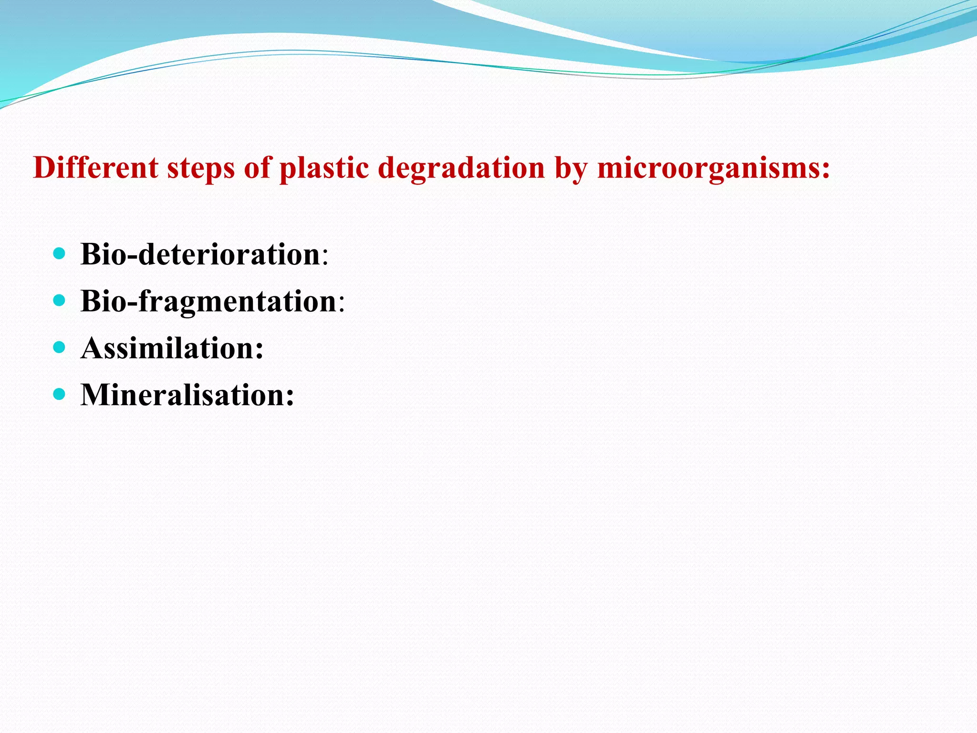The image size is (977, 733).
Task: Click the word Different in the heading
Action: pos(95,168)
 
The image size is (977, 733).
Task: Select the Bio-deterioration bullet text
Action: pos(200,254)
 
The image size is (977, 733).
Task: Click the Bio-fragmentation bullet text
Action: pos(208,302)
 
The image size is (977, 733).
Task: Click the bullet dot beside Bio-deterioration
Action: pos(59,253)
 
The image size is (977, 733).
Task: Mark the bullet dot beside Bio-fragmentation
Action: pos(59,300)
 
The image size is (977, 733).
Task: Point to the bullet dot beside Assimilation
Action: pos(59,347)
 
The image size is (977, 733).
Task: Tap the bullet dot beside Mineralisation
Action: pos(59,394)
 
